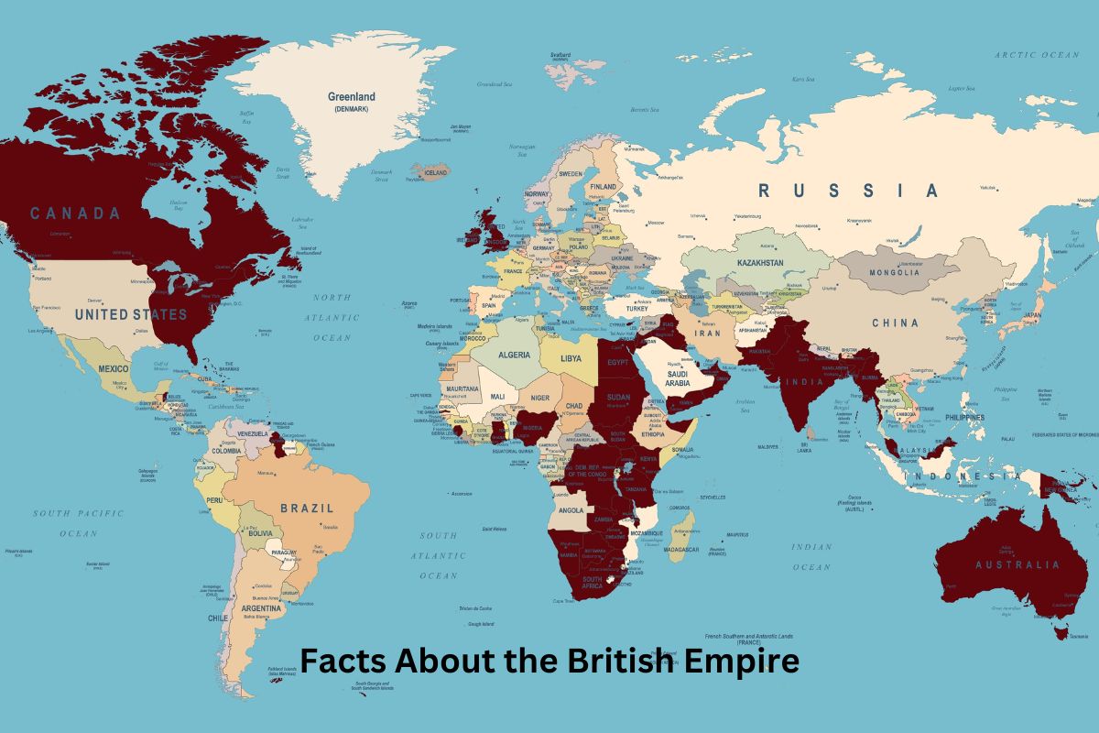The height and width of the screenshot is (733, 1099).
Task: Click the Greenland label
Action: (x=352, y=96)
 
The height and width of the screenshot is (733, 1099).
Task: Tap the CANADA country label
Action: (x=75, y=213)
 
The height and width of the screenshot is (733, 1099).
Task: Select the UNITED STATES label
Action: (x=131, y=314)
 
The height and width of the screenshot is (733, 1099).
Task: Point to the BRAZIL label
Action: (x=307, y=507)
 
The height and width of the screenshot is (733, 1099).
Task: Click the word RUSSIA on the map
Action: (x=847, y=191)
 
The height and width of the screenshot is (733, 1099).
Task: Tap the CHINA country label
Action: (x=895, y=323)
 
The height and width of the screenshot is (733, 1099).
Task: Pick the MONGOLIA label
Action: (x=894, y=272)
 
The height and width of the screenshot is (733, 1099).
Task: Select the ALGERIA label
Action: (x=514, y=355)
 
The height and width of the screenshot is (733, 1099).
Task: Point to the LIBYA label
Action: (x=571, y=357)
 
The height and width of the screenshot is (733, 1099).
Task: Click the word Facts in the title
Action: (x=342, y=661)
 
